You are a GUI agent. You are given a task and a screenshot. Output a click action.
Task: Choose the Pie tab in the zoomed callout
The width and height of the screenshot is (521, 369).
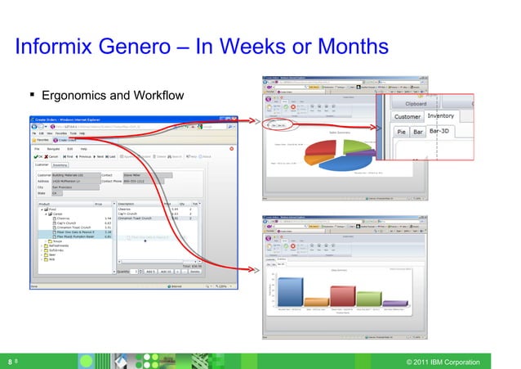pos(402,130)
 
